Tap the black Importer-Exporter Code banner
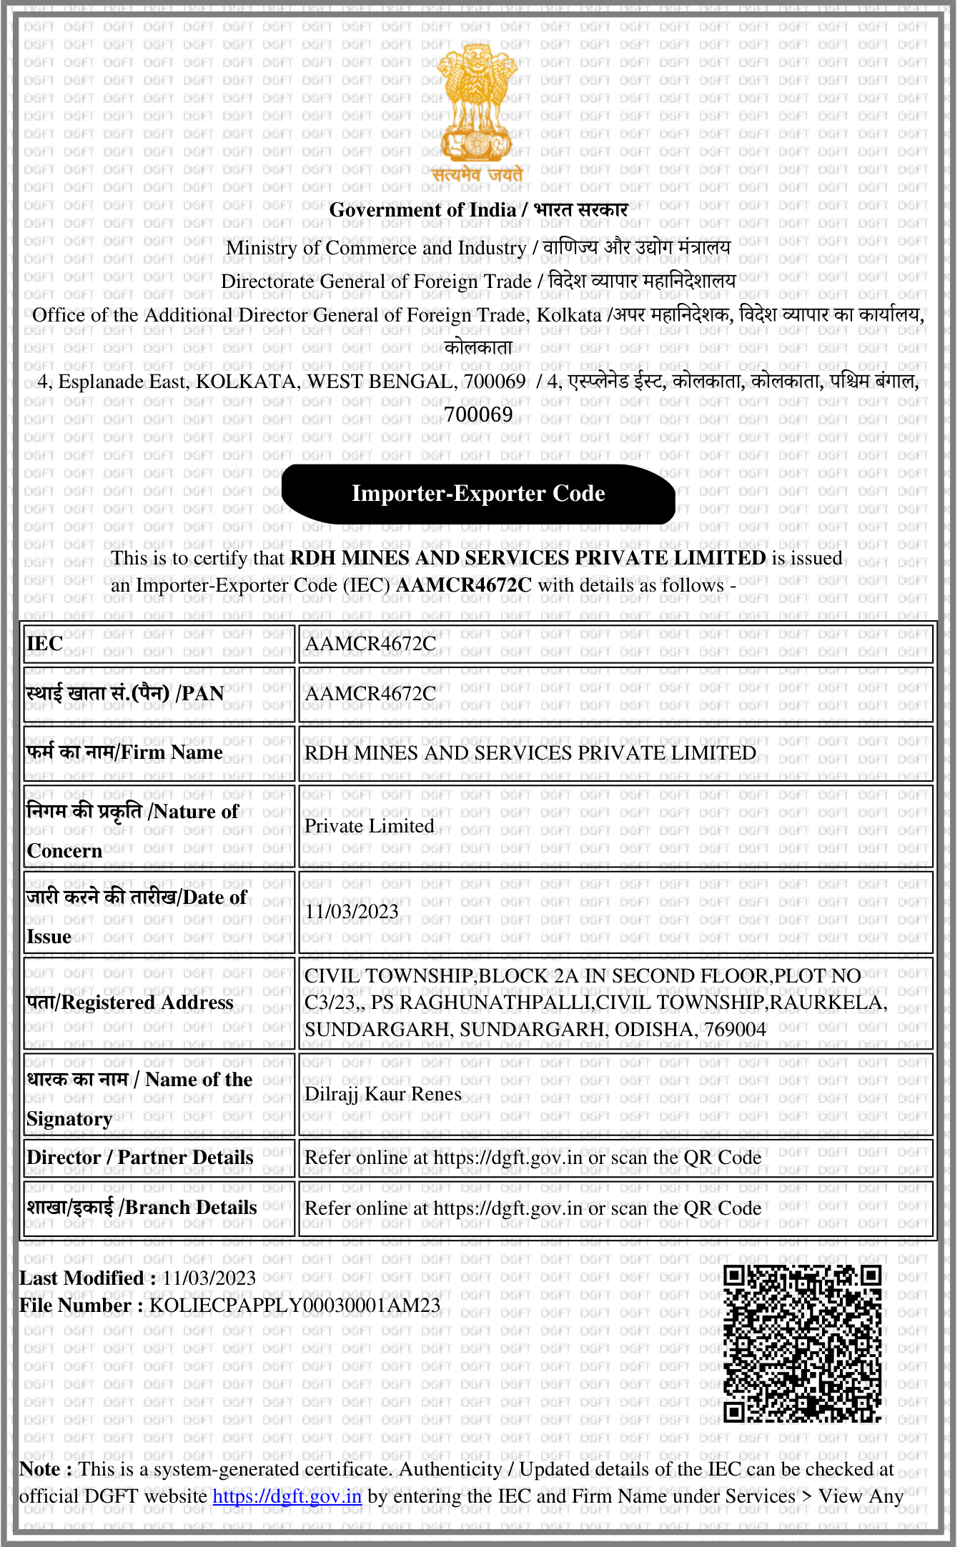(x=478, y=494)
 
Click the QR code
(x=802, y=1343)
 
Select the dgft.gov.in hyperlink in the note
(x=287, y=1496)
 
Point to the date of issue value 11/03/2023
(x=352, y=912)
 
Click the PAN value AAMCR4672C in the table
(x=370, y=694)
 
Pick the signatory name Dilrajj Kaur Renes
(x=383, y=1094)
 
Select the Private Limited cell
(x=370, y=826)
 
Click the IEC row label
(x=45, y=644)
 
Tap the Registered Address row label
(x=130, y=1003)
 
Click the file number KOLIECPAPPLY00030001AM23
(x=295, y=1305)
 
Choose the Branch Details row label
(x=142, y=1208)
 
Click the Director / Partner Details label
(x=140, y=1158)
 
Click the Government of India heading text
(x=422, y=210)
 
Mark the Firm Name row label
(x=124, y=752)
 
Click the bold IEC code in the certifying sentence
(x=464, y=585)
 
